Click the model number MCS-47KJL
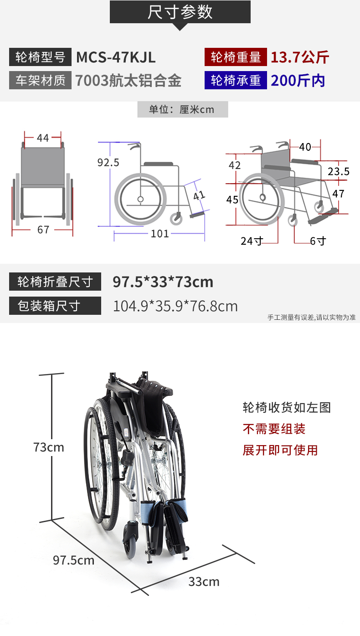pyautogui.click(x=116, y=57)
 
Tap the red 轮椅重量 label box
pyautogui.click(x=236, y=57)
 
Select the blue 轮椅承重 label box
pyautogui.click(x=236, y=80)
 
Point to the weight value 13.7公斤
pyautogui.click(x=300, y=57)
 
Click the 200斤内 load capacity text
pyautogui.click(x=298, y=81)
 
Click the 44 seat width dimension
pyautogui.click(x=43, y=138)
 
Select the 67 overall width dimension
pyautogui.click(x=43, y=230)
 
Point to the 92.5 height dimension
pyautogui.click(x=108, y=162)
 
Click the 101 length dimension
pyautogui.click(x=160, y=234)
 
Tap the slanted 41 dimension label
pyautogui.click(x=199, y=195)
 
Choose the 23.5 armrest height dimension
pyautogui.click(x=339, y=171)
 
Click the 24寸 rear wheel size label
pyautogui.click(x=252, y=241)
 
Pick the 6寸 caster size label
pyautogui.click(x=318, y=241)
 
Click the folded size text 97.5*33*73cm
pyautogui.click(x=163, y=282)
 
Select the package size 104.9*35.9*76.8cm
pyautogui.click(x=175, y=306)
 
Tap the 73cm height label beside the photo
pyautogui.click(x=49, y=447)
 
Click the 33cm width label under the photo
pyautogui.click(x=204, y=582)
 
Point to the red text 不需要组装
pyautogui.click(x=274, y=429)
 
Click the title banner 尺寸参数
pyautogui.click(x=180, y=12)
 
